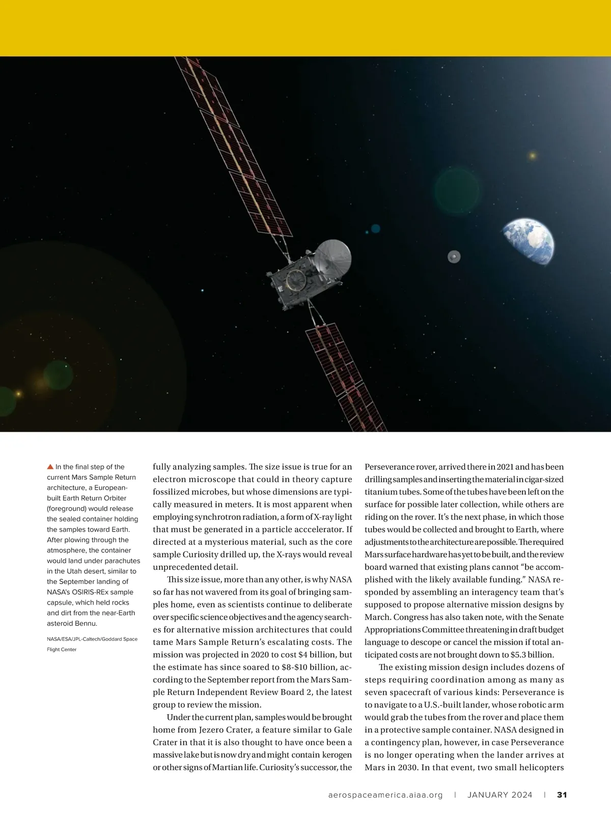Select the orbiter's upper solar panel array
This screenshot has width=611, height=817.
coord(234,148)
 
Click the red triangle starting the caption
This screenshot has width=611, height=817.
coord(50,466)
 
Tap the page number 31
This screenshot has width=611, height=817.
coord(562,795)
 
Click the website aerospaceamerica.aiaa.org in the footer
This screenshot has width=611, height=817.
coord(385,795)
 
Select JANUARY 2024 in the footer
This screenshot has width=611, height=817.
coord(500,795)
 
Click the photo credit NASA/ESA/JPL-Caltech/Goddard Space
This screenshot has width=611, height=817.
coord(92,639)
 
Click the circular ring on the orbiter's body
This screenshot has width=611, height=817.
coord(294,279)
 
